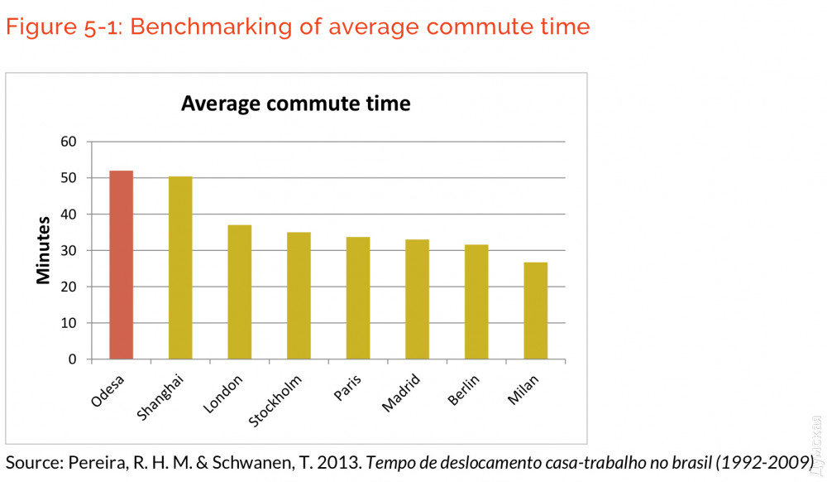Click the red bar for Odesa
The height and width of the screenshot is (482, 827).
[122, 265]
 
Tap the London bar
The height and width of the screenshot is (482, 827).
[240, 292]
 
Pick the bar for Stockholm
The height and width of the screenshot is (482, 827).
[299, 296]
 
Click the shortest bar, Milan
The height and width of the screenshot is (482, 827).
[535, 311]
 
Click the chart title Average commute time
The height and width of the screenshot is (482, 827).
[296, 104]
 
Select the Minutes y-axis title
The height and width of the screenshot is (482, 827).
[44, 250]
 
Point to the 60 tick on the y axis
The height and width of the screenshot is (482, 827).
[69, 142]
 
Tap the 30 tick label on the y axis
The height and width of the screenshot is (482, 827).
[69, 250]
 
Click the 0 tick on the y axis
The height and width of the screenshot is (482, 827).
[73, 359]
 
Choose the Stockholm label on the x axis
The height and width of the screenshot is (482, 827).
[275, 402]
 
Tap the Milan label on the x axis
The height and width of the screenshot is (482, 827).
[523, 390]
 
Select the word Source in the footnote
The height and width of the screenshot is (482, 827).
[31, 461]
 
